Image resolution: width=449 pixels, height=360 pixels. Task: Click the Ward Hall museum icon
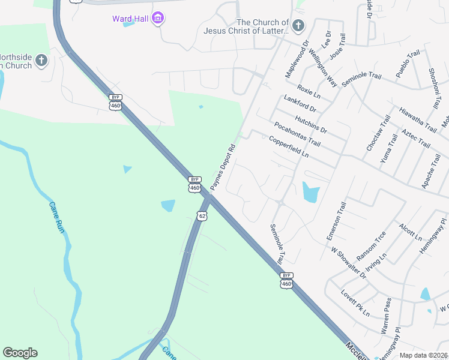pyautogui.click(x=158, y=19)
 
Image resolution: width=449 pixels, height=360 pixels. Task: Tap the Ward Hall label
pyautogui.click(x=130, y=19)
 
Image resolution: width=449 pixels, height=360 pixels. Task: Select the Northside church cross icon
pyautogui.click(x=41, y=60)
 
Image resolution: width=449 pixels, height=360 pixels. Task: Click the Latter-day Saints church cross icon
pyautogui.click(x=299, y=25)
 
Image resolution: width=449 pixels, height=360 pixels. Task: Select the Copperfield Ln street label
pyautogui.click(x=288, y=146)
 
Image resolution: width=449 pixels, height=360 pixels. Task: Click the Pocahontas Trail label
pyautogui.click(x=297, y=134)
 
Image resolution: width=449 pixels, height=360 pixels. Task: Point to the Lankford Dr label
pyautogui.click(x=300, y=105)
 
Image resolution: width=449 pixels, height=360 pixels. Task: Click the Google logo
pyautogui.click(x=20, y=353)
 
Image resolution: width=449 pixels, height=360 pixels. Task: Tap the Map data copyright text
pyautogui.click(x=424, y=355)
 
